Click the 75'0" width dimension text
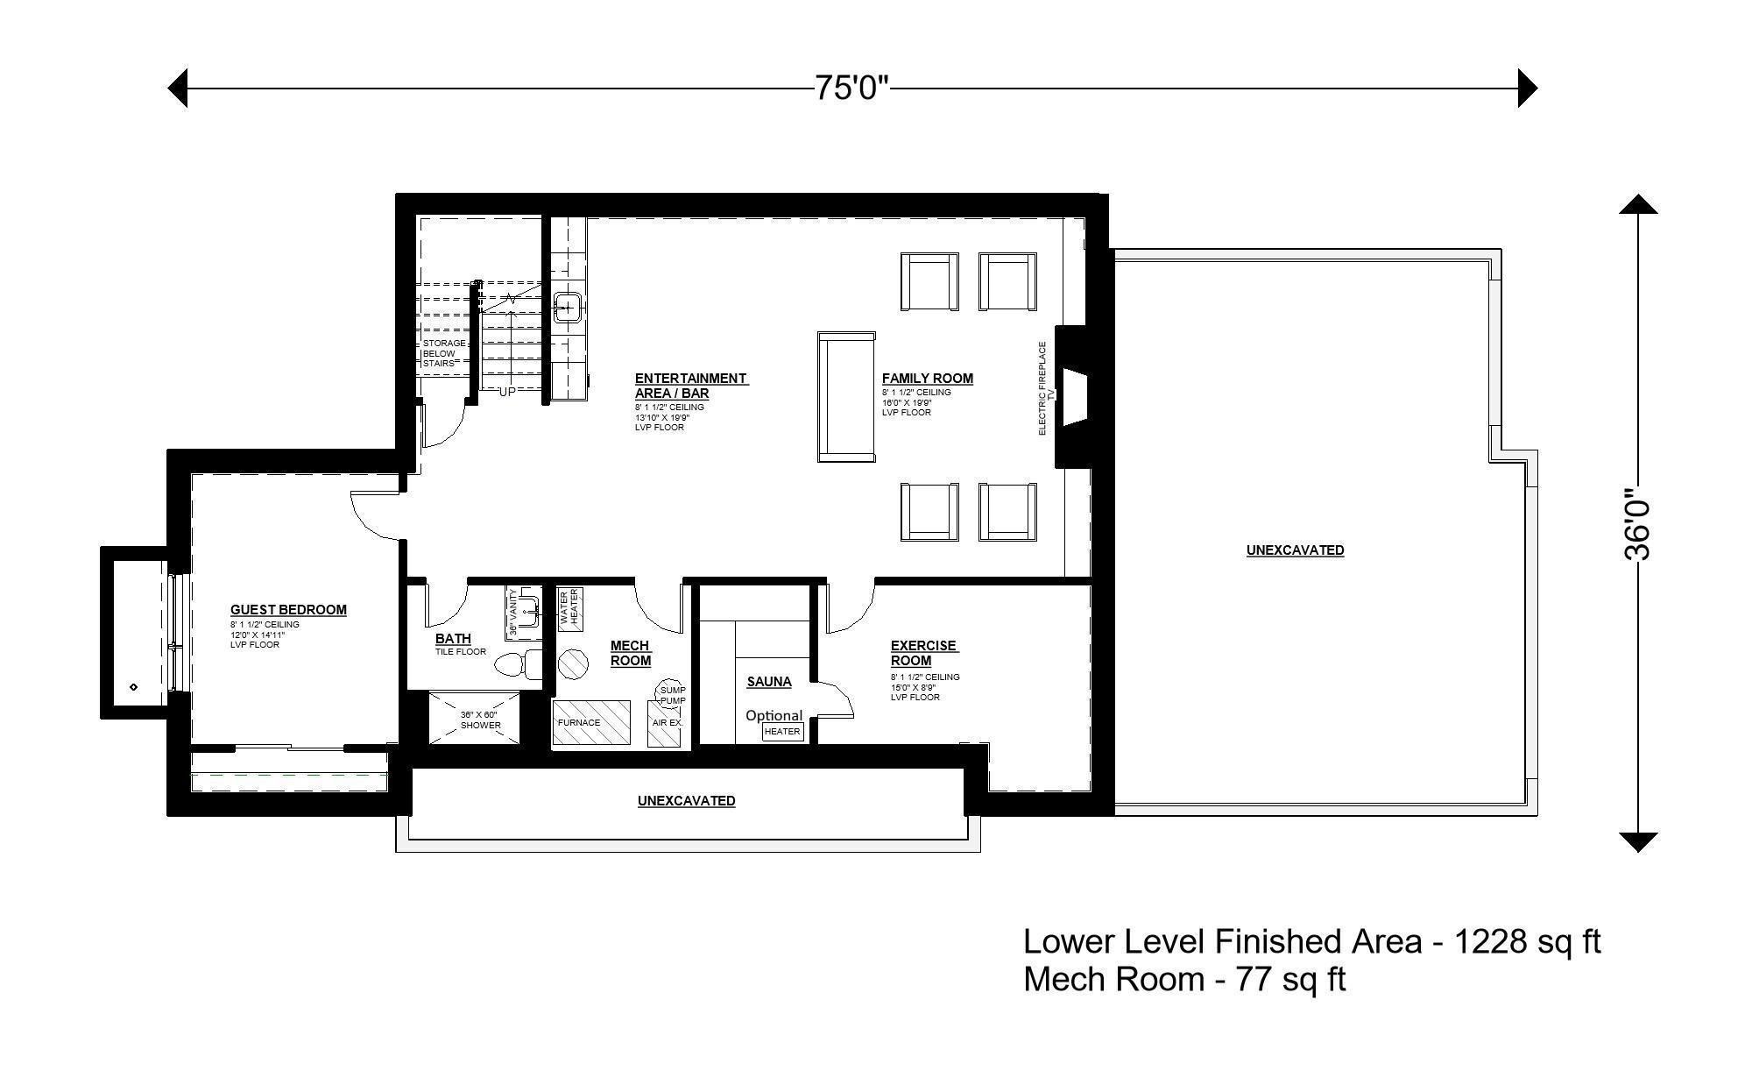[851, 88]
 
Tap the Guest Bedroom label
[288, 610]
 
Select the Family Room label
[927, 379]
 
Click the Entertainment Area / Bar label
[690, 386]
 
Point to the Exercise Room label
[923, 653]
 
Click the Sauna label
[768, 682]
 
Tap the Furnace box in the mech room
[591, 723]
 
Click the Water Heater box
[569, 606]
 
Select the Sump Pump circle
[673, 693]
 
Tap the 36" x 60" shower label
[480, 720]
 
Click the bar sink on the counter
[568, 308]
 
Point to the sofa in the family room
[846, 396]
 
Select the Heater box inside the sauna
[782, 731]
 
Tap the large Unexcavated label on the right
[1295, 550]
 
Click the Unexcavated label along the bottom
[686, 801]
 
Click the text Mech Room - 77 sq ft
[1183, 979]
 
